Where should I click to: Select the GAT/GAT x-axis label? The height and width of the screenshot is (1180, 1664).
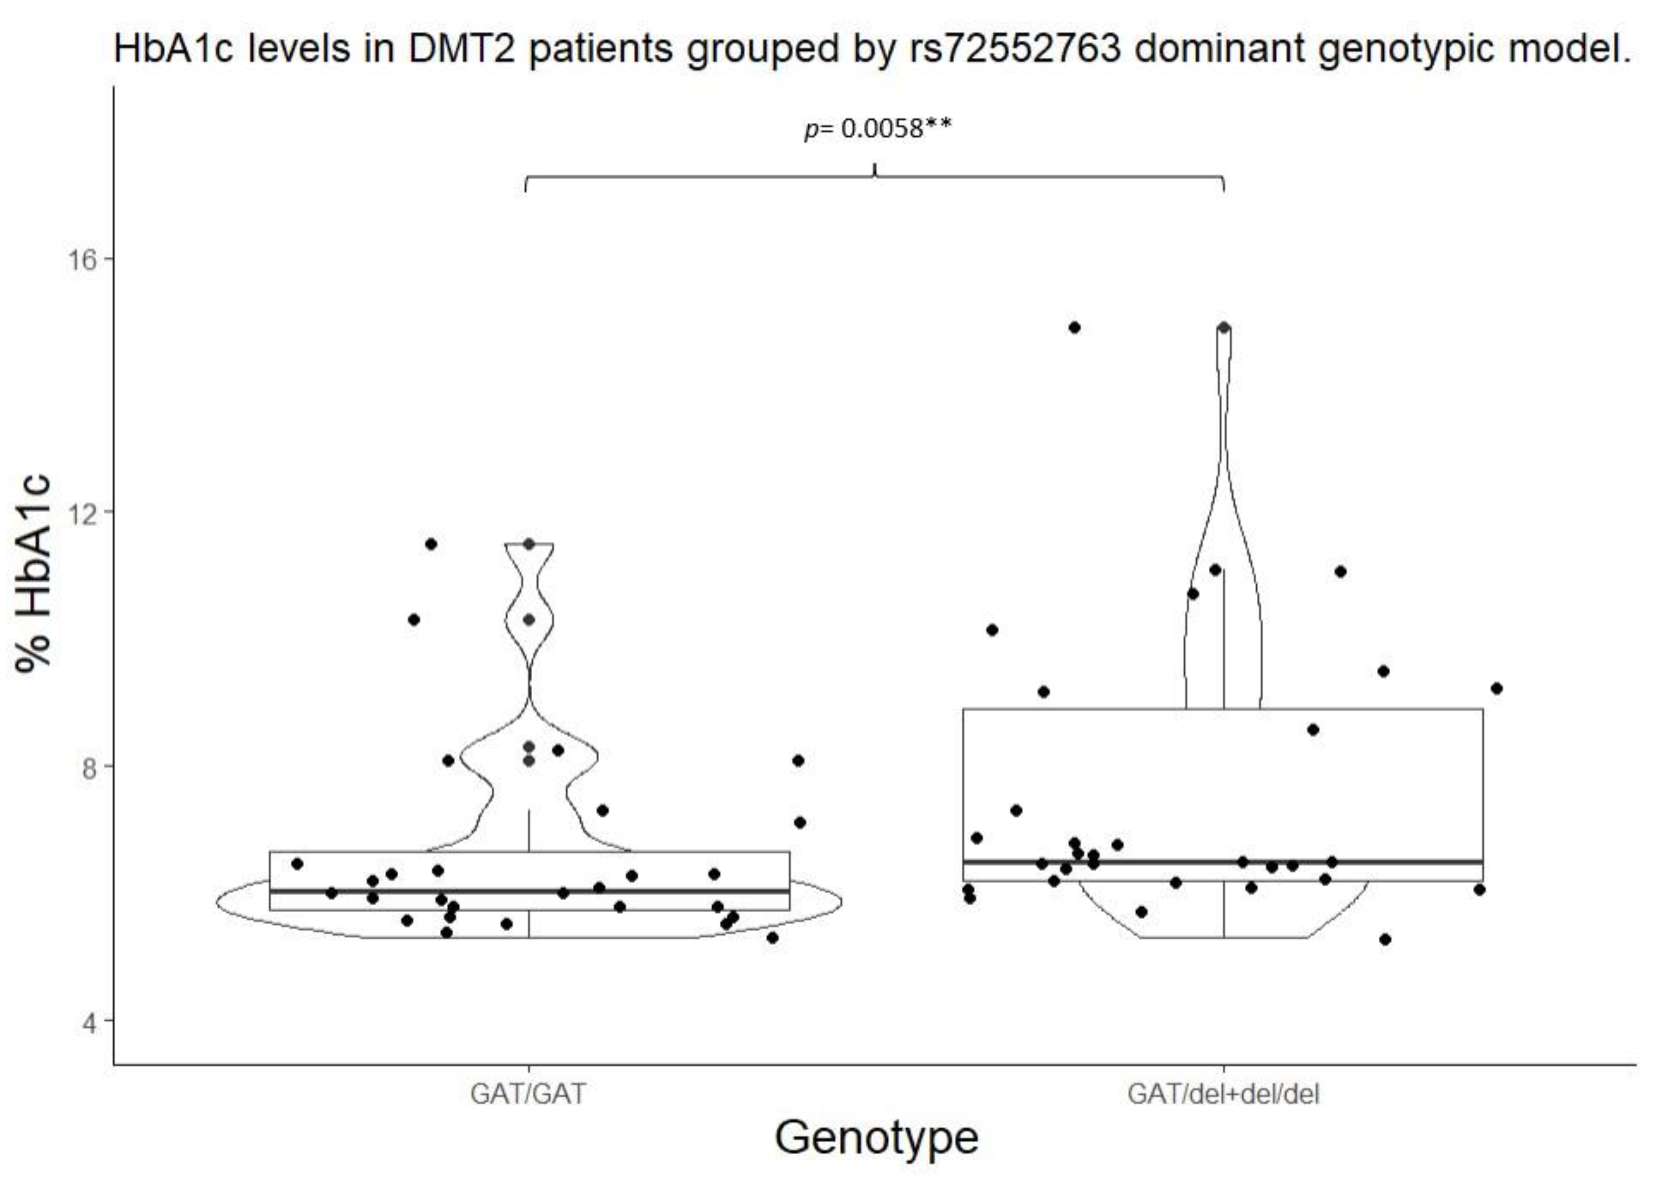click(x=528, y=1094)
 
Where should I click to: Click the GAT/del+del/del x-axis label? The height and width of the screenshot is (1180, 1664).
click(x=1223, y=1094)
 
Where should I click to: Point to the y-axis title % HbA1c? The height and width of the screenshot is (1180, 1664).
click(x=35, y=574)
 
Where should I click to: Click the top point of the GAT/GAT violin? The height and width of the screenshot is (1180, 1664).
click(x=529, y=544)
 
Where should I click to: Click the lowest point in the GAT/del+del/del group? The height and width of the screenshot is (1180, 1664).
click(x=1385, y=939)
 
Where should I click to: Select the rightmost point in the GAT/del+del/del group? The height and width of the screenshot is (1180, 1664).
click(x=1496, y=688)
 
